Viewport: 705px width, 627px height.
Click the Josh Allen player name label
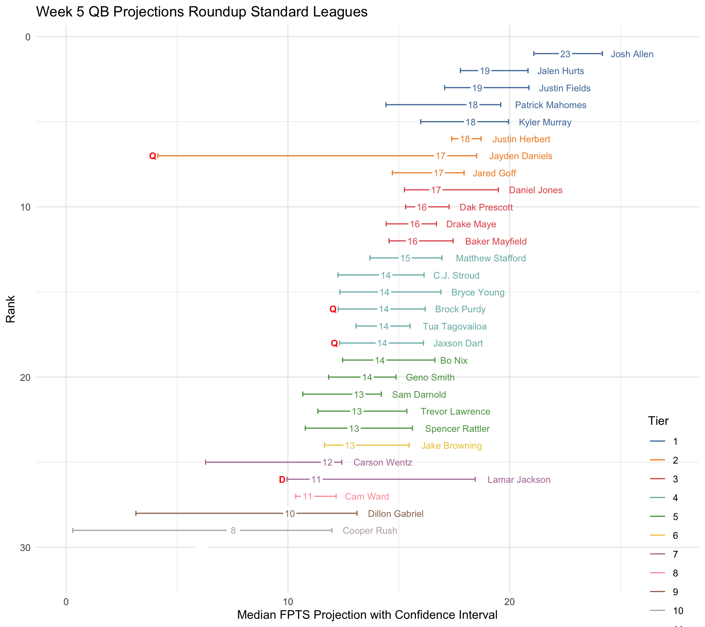(x=632, y=54)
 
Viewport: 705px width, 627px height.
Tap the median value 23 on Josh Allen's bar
(x=565, y=54)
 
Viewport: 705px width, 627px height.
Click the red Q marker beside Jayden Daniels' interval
(x=152, y=156)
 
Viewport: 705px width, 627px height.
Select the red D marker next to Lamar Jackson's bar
(x=282, y=480)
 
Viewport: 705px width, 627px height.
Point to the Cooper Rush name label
(x=370, y=531)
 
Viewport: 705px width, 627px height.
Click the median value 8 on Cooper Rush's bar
(x=233, y=531)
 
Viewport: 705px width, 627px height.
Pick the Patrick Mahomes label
(x=550, y=105)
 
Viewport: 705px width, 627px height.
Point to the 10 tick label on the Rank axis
(x=25, y=207)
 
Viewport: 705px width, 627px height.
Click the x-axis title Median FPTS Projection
(x=367, y=615)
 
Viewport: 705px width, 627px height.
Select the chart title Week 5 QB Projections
(x=202, y=12)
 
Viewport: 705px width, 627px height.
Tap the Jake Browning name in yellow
(x=451, y=446)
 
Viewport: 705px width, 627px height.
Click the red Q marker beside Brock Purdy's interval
(x=333, y=309)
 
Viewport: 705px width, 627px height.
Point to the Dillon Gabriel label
(x=396, y=514)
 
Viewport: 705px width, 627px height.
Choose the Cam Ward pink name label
(x=367, y=497)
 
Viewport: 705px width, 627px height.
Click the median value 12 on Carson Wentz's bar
(x=327, y=462)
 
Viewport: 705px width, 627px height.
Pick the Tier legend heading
(x=658, y=420)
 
